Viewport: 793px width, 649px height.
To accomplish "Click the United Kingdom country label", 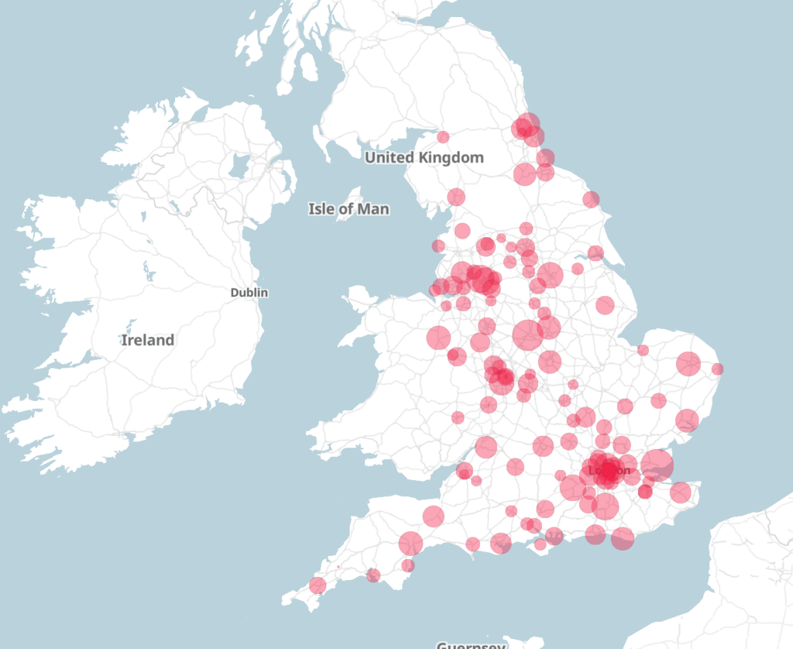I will click(424, 157).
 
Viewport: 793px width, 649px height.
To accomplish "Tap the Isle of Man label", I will click(349, 209).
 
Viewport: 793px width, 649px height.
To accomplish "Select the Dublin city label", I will click(249, 292).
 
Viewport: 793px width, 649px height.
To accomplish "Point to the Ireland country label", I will click(147, 340).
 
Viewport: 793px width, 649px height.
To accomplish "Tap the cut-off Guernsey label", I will click(471, 644).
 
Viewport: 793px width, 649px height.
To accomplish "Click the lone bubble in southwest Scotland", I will click(443, 137).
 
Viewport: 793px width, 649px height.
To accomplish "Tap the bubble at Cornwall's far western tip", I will click(317, 585).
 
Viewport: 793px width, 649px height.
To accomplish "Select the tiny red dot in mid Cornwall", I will click(338, 567).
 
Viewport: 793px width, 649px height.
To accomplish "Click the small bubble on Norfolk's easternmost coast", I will click(717, 369).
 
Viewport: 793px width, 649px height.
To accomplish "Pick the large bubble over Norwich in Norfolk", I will click(688, 363).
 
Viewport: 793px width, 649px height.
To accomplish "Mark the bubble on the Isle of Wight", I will click(540, 544).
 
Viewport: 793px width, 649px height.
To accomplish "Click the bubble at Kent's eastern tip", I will click(680, 492).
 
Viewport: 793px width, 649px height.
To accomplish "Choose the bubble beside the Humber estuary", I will click(595, 253).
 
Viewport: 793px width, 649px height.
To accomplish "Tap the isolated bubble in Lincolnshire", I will click(605, 305).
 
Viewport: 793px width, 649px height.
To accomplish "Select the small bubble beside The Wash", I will click(643, 350).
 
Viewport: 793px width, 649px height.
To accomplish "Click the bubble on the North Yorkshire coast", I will click(591, 199).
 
